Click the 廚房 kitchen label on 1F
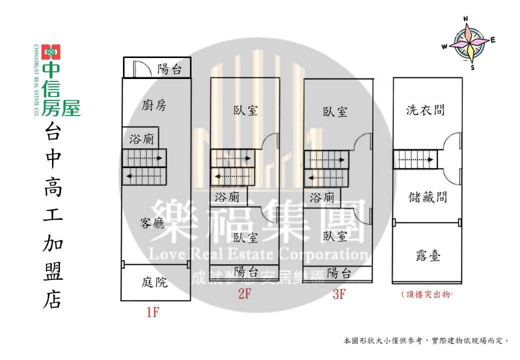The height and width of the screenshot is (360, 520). click(154, 105)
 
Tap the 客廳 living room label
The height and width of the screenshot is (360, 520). click(152, 223)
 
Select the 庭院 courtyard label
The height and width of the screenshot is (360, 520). click(154, 282)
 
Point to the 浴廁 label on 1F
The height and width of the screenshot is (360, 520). click(141, 139)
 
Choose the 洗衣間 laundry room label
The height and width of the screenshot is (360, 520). click(425, 110)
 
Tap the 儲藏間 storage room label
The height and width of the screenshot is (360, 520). click(428, 197)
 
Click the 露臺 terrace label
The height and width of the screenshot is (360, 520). click(428, 255)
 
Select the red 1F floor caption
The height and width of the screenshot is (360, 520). click(153, 312)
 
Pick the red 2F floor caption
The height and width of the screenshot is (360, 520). click(244, 293)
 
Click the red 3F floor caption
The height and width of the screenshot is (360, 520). click(339, 294)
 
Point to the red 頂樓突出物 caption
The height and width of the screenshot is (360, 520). click(427, 294)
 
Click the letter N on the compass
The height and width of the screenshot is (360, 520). click(465, 19)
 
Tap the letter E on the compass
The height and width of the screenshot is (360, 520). click(493, 40)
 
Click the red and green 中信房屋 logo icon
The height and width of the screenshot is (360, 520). click(50, 52)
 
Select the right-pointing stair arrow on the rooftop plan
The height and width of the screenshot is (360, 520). click(416, 159)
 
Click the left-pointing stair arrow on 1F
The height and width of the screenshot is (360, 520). click(144, 176)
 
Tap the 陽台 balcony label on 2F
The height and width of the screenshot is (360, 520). click(246, 272)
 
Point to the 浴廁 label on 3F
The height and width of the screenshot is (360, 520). click(322, 198)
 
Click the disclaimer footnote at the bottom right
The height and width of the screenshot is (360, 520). click(426, 341)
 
